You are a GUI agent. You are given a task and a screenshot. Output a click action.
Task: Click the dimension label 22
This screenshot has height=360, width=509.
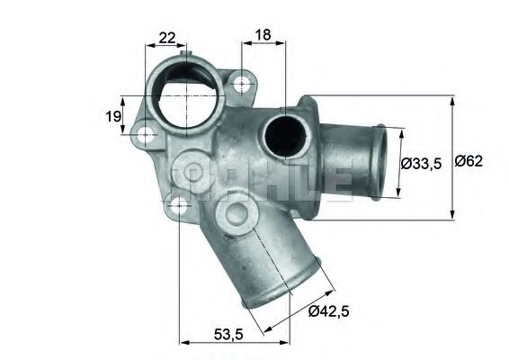click(x=166, y=37)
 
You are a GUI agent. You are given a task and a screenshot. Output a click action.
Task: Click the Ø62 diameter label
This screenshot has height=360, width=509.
click(x=470, y=162)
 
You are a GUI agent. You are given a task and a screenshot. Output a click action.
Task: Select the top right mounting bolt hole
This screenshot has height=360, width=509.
click(x=241, y=84)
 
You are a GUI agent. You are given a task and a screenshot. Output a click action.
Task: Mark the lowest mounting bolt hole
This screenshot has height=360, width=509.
click(x=180, y=204)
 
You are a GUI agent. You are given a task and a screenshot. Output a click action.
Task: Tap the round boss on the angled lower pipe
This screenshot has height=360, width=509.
click(x=236, y=214)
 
